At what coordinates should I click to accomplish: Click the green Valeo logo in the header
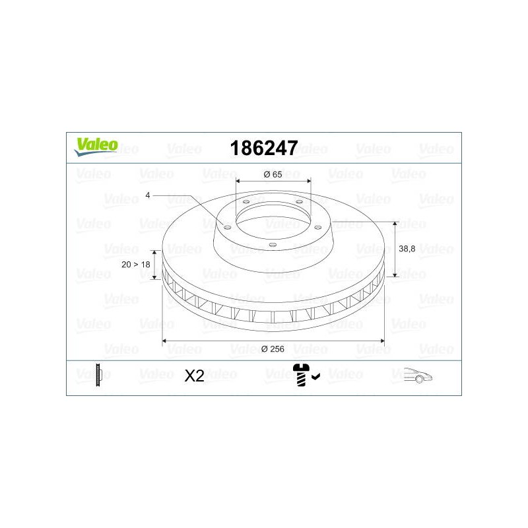96,147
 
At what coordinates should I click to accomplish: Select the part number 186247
263,148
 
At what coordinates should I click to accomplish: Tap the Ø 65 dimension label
273,174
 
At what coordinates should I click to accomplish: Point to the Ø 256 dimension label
273,349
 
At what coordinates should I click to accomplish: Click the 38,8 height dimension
407,249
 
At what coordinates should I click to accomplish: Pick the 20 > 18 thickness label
136,265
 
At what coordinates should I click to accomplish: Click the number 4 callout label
147,195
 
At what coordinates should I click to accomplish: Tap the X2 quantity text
194,376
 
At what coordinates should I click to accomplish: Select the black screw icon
301,375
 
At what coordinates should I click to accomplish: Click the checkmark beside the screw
316,376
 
